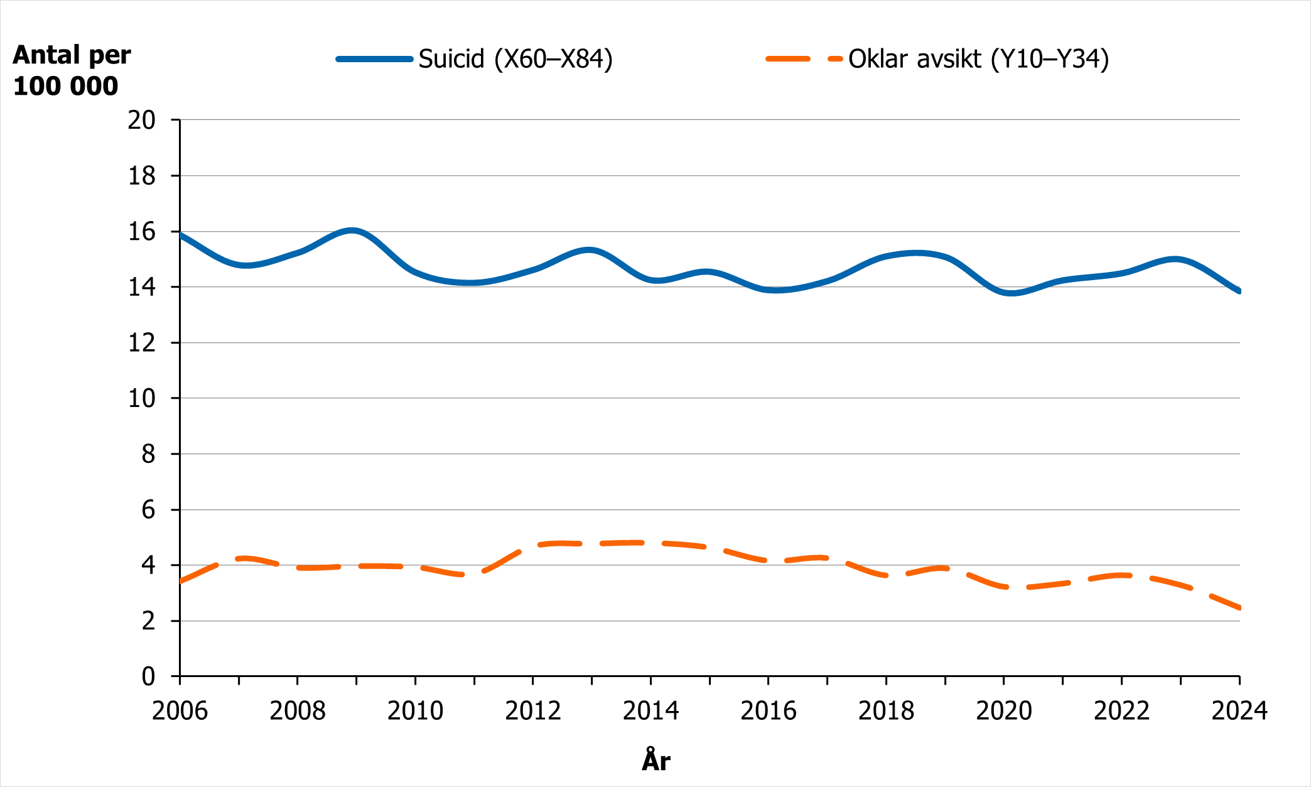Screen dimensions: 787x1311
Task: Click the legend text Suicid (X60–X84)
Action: [515, 59]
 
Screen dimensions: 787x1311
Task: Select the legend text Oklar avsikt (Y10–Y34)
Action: [978, 59]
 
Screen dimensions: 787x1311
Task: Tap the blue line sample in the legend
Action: [374, 59]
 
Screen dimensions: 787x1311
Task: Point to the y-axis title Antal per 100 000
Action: [71, 70]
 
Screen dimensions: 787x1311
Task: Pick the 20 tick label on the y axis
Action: [141, 120]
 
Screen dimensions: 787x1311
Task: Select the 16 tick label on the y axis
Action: [141, 232]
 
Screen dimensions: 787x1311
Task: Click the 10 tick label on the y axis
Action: [141, 398]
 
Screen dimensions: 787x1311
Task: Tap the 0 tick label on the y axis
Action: [148, 676]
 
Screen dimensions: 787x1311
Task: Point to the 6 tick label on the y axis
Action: [148, 509]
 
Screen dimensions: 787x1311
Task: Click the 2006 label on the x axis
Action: [180, 711]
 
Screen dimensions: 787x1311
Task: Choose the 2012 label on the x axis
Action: [532, 711]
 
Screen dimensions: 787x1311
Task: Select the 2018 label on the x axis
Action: [886, 711]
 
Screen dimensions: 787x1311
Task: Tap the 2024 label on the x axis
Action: [1239, 711]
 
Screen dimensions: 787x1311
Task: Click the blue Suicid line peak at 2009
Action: [353, 231]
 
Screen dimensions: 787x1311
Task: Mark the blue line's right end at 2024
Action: [1238, 291]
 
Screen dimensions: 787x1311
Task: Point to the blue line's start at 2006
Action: [181, 235]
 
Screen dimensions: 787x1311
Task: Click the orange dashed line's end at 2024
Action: [1238, 607]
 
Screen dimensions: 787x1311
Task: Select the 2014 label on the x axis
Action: [650, 711]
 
